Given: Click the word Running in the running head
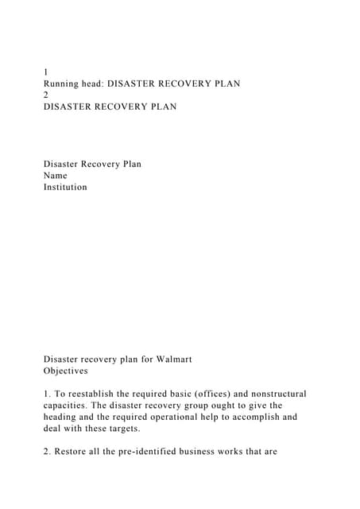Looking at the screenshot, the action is point(64,83).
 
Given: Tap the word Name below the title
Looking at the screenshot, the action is point(56,176).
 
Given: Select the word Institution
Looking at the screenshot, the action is point(65,188).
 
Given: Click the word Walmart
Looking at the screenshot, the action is point(172,359).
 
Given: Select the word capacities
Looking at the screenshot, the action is point(69,405).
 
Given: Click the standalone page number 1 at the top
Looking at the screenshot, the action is point(46,72).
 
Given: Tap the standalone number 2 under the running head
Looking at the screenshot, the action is point(46,95).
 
